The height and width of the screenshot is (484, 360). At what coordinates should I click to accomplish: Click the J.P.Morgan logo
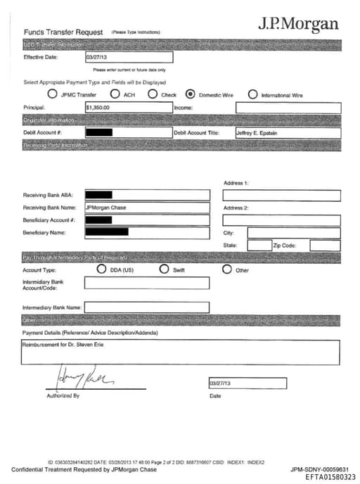coord(298,24)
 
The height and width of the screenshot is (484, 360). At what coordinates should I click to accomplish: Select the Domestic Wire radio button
coord(189,94)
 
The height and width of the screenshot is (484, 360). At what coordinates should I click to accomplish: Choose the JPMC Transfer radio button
coord(52,94)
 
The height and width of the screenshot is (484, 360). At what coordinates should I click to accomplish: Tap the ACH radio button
coord(110,94)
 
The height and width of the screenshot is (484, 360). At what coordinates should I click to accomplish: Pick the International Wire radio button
coord(252,94)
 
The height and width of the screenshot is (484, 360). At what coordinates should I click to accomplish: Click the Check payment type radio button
coord(152,94)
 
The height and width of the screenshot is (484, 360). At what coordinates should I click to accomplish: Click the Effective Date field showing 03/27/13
coord(128,58)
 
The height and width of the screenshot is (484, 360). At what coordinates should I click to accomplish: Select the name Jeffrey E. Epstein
coord(257,133)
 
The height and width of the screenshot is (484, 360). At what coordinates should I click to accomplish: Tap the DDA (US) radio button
coord(102,269)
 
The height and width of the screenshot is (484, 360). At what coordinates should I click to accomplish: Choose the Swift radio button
coord(165,269)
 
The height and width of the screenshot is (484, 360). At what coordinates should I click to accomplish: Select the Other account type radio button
coord(227,269)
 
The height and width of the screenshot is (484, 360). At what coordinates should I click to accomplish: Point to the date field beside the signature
coord(247,383)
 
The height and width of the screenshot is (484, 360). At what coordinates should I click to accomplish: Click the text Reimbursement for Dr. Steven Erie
coord(57,345)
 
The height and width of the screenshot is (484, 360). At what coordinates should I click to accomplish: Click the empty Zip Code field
coord(325,246)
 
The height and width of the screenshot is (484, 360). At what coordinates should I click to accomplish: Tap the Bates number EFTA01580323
coord(330,477)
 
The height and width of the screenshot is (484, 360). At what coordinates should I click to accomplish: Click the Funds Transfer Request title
coord(63,32)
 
